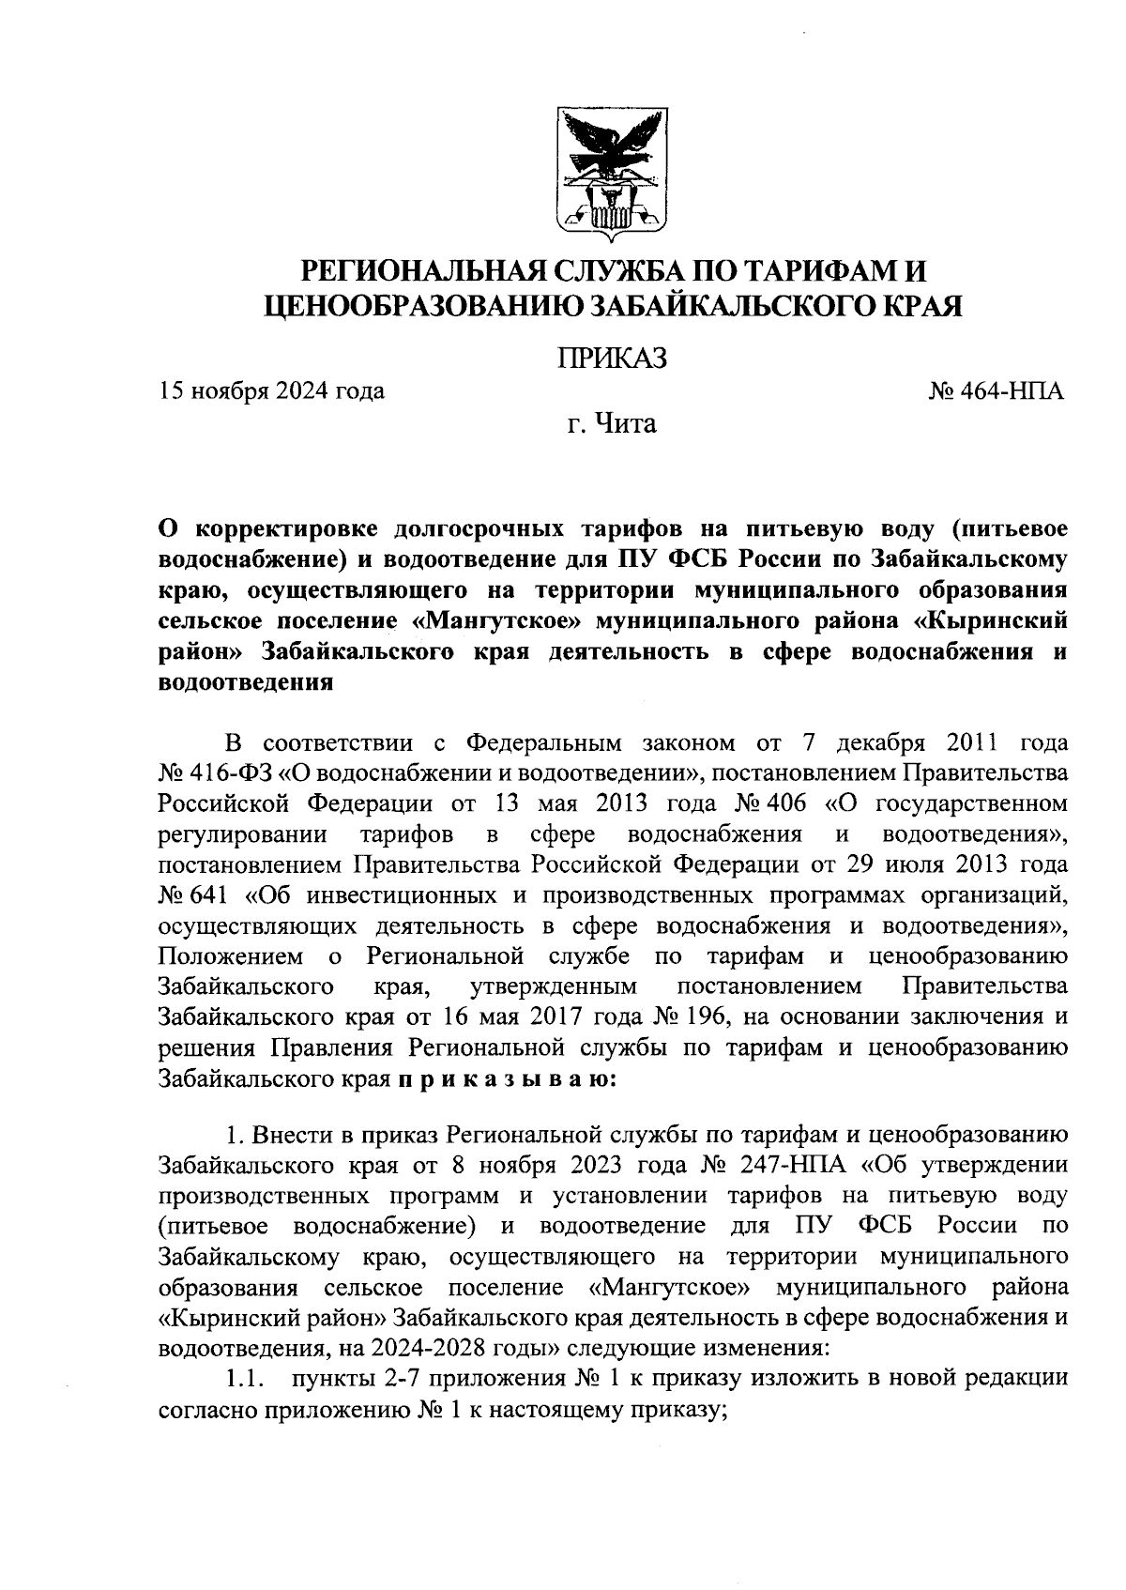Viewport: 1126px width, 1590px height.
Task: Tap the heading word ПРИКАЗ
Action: point(612,358)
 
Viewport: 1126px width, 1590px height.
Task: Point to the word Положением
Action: point(231,956)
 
